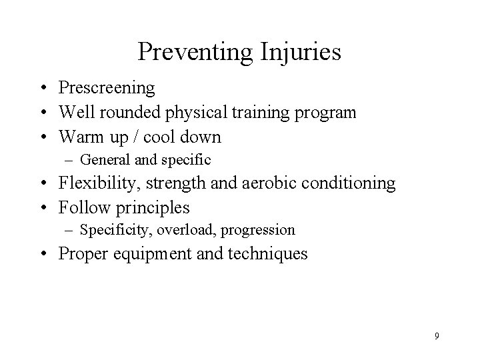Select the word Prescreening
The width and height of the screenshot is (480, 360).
(107, 88)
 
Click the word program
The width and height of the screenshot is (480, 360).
(325, 113)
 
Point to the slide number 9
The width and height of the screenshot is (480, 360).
(437, 337)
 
